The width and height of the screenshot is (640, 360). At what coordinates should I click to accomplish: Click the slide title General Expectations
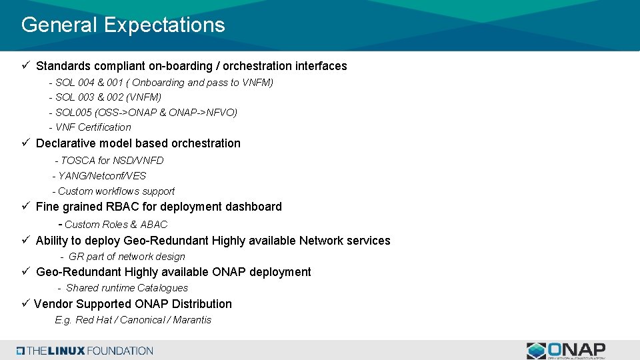pos(123,25)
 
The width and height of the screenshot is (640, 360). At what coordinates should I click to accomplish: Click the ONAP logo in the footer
pos(566,351)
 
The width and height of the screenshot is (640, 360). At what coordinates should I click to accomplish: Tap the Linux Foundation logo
pos(85,351)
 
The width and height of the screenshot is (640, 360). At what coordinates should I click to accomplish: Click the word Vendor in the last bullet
pos(53,304)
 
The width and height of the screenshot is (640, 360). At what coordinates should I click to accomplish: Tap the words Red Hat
pos(93,320)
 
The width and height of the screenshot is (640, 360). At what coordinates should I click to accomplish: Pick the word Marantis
pos(193,320)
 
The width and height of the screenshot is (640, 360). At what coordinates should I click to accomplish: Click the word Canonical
pos(143,320)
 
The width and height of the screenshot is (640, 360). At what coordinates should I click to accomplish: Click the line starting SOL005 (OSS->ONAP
pos(146,113)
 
